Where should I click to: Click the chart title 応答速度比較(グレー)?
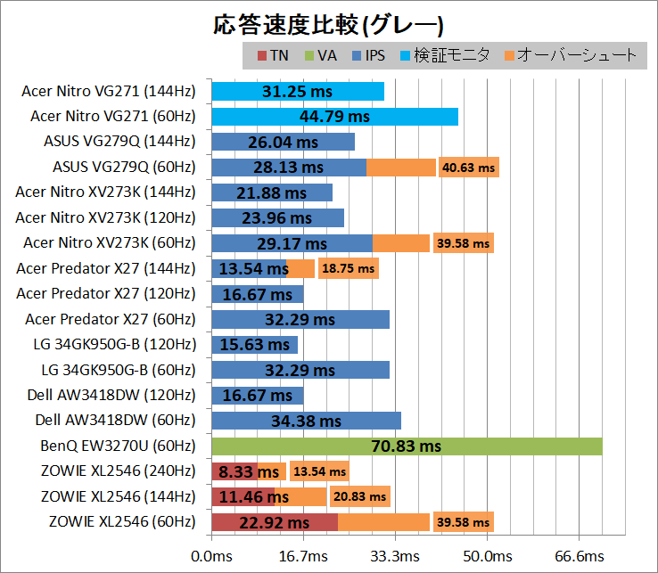[329, 24]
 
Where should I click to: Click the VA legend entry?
[321, 55]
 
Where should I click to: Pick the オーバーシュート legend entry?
[571, 55]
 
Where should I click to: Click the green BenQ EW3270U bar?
[407, 446]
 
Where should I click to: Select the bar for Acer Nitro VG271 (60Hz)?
[334, 116]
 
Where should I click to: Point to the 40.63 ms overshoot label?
[467, 167]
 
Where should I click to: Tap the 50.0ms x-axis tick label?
[487, 556]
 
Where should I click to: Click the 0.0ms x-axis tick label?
[211, 556]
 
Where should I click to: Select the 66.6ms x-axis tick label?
[580, 556]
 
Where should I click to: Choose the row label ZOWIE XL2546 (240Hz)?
[118, 471]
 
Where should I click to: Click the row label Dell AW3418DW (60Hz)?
[114, 420]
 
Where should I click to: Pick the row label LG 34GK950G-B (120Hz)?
[117, 344]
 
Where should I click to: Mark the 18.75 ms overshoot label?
[348, 268]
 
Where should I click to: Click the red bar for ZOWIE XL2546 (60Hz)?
[275, 522]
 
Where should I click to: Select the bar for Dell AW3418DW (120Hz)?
[257, 395]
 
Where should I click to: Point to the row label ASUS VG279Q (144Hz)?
[119, 141]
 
